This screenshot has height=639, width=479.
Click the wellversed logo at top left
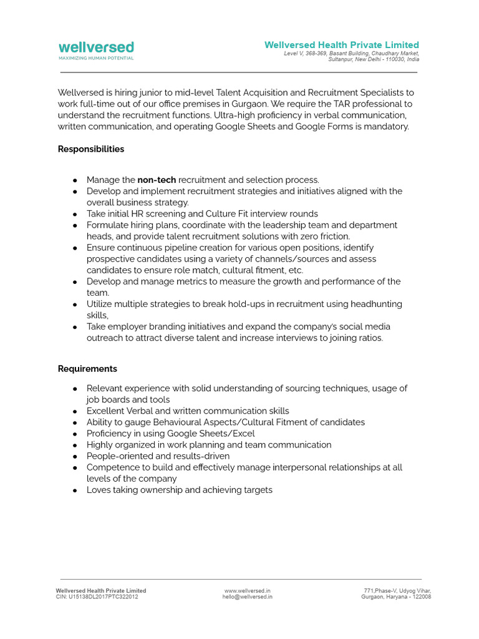[96, 47]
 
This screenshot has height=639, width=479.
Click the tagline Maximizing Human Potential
[96, 58]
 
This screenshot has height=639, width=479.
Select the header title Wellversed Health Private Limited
[341, 45]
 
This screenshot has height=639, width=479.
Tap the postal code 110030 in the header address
[394, 59]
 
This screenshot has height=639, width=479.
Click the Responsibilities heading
[91, 149]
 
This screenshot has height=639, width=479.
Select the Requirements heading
[87, 369]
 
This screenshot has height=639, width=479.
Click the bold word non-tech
[157, 180]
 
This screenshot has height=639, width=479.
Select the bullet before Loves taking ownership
[75, 490]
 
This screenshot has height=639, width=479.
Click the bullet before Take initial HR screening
[75, 214]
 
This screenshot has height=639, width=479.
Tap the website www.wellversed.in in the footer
[247, 590]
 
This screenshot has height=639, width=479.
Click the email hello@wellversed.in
[247, 597]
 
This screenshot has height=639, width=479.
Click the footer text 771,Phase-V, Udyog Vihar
[397, 590]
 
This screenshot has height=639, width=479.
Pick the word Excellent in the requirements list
[106, 411]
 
